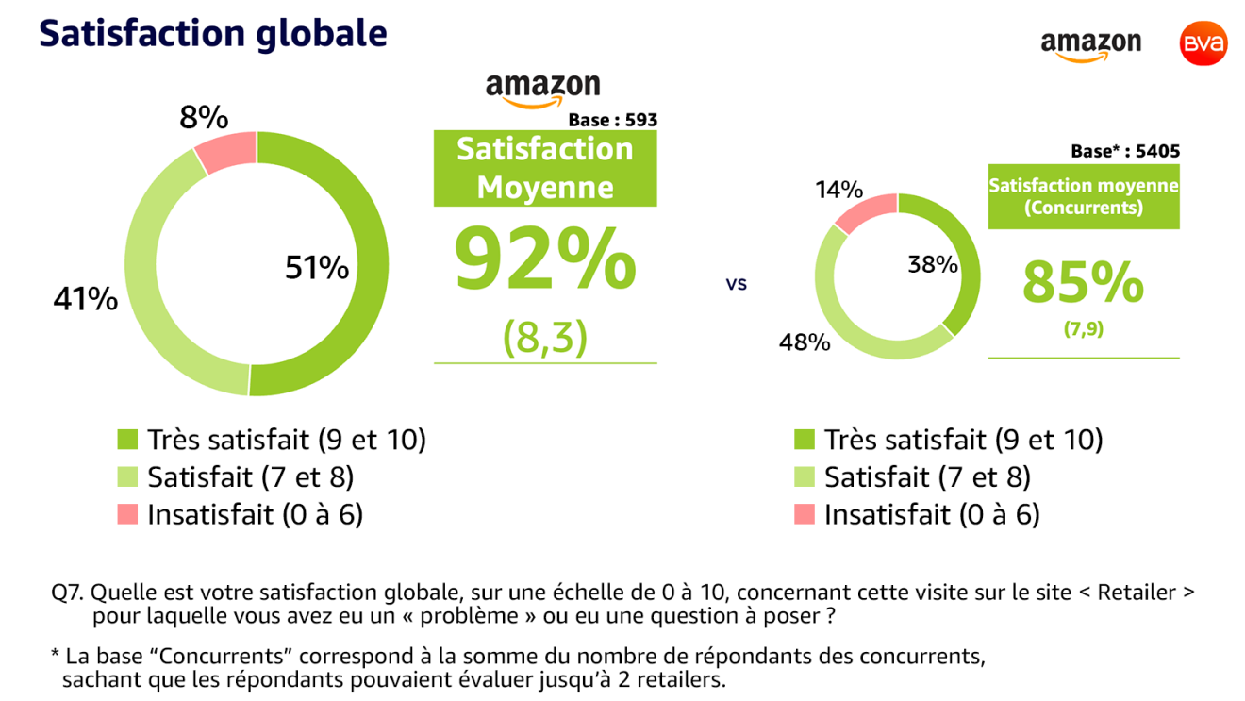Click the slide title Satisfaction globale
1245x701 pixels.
click(213, 33)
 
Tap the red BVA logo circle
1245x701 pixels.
click(1203, 44)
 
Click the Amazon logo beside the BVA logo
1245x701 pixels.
click(1090, 45)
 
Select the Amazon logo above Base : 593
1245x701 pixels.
click(542, 90)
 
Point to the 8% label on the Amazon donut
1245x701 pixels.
click(204, 118)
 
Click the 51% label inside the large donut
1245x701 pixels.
click(317, 269)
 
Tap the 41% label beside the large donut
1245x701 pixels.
click(85, 300)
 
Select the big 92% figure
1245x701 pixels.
click(545, 259)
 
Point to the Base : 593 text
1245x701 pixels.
click(612, 120)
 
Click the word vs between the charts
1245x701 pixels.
click(737, 283)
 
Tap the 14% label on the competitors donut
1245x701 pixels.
click(838, 190)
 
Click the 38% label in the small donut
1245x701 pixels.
click(933, 265)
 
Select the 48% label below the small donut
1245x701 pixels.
click(804, 342)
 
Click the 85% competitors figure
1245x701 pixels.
click(1083, 282)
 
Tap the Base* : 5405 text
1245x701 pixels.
click(1124, 151)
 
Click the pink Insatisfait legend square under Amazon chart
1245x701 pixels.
click(127, 514)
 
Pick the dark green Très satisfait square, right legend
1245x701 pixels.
click(805, 440)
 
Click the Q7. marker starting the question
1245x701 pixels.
click(68, 593)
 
